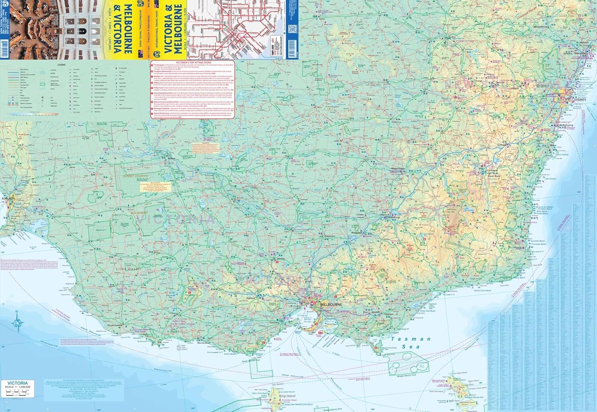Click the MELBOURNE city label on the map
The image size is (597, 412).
click(331, 305)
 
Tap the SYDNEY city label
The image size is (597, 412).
click(580, 100)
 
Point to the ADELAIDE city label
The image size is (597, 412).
click(8, 198)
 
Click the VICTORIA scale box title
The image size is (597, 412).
click(17, 383)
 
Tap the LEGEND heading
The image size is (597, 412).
click(61, 64)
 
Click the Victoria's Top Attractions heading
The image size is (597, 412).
click(193, 62)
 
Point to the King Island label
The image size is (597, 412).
click(287, 396)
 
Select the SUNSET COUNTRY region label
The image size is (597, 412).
click(136, 176)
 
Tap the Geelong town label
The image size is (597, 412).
click(274, 322)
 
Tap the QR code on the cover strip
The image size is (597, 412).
click(292, 29)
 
